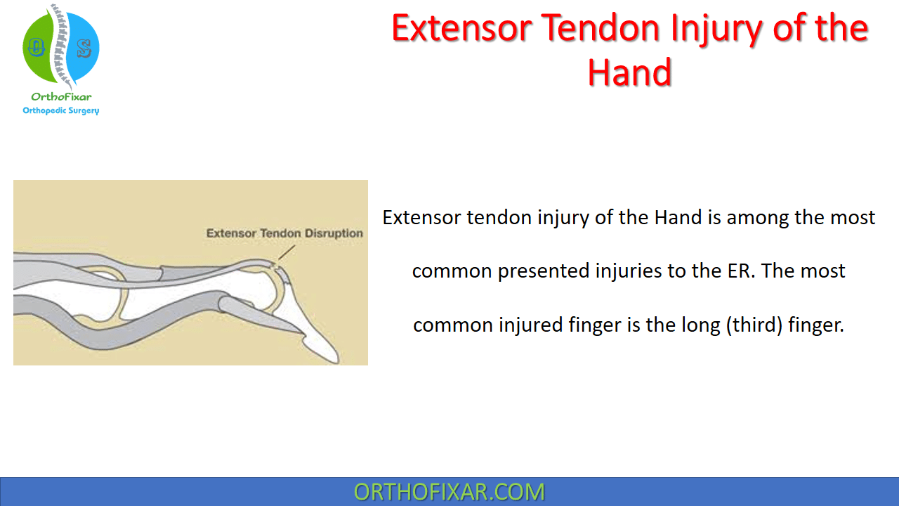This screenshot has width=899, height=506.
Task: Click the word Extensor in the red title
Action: pyautogui.click(x=461, y=28)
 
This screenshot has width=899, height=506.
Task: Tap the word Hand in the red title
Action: pyautogui.click(x=630, y=72)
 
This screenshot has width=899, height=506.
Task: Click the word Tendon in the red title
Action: pyautogui.click(x=600, y=28)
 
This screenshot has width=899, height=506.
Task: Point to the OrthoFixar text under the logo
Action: pyautogui.click(x=61, y=97)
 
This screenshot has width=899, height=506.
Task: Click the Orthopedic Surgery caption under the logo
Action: pyautogui.click(x=61, y=110)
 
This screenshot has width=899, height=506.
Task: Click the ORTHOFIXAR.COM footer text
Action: pyautogui.click(x=449, y=492)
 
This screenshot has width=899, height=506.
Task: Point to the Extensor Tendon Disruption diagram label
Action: pyautogui.click(x=284, y=233)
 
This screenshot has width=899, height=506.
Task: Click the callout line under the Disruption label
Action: pyautogui.click(x=287, y=252)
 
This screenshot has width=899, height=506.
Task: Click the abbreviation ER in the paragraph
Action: pyautogui.click(x=741, y=271)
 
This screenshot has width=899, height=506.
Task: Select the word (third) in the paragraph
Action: pyautogui.click(x=754, y=325)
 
